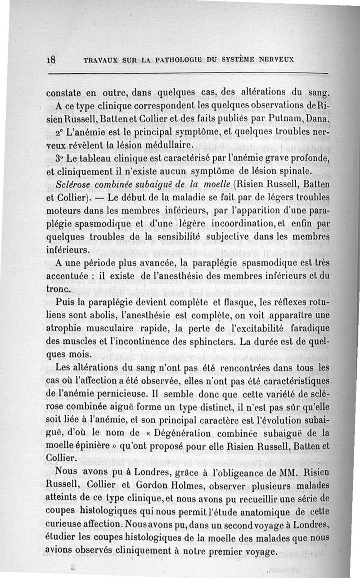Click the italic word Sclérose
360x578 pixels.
click(73, 185)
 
